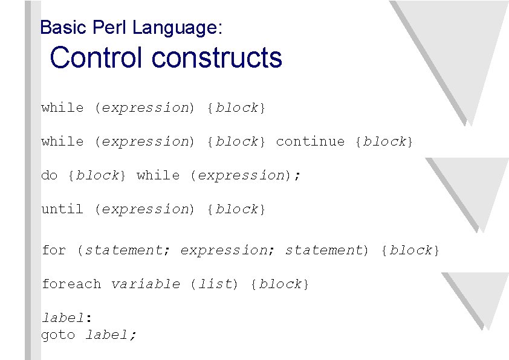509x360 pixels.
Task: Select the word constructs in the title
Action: [217, 58]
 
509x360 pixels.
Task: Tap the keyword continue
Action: [310, 141]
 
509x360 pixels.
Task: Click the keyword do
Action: [49, 175]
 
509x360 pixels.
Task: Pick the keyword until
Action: [62, 209]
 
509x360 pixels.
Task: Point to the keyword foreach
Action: [71, 284]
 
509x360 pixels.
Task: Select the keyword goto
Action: [58, 335]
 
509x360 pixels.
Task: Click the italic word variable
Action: [145, 284]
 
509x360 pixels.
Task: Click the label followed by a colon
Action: [62, 318]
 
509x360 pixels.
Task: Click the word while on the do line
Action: [158, 175]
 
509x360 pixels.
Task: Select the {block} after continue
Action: [384, 141]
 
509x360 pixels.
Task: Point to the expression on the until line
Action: [145, 209]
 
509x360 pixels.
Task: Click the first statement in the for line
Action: [123, 250]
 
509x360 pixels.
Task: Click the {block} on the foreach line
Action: [279, 284]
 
